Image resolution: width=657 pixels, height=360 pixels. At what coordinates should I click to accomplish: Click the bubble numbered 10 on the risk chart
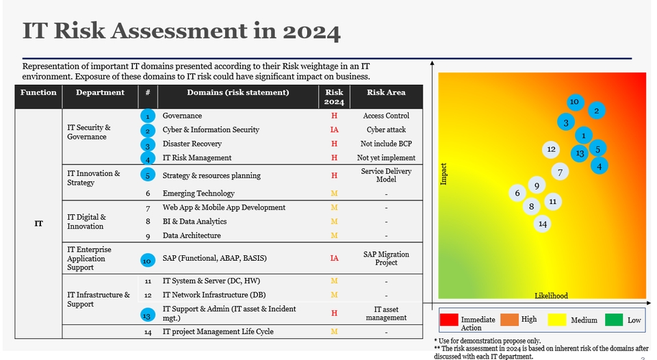point(575,102)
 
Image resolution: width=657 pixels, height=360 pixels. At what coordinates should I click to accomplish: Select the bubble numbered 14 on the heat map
point(543,224)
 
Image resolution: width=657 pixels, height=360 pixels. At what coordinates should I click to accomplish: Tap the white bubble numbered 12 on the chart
point(551,149)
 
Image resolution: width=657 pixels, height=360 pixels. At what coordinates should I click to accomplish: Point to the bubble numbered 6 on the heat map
point(517,193)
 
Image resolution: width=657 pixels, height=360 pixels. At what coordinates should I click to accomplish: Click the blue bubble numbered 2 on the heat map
point(596,111)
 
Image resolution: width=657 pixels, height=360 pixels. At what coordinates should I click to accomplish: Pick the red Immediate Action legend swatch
point(449,320)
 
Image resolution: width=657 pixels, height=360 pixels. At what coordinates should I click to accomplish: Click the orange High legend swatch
point(511,320)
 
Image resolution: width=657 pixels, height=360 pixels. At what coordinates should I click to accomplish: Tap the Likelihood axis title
point(551,296)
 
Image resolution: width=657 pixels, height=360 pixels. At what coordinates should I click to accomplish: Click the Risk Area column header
point(386,92)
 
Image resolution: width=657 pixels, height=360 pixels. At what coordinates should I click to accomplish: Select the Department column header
point(100,92)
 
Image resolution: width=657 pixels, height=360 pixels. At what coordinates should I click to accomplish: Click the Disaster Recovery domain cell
point(192,144)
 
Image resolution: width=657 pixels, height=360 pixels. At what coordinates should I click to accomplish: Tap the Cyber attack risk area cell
point(386,129)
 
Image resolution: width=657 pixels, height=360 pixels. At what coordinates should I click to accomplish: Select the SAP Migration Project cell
point(386,258)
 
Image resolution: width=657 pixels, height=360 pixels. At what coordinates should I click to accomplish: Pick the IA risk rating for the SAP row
point(334,258)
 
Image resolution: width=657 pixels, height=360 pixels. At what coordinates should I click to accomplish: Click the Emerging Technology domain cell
point(198,194)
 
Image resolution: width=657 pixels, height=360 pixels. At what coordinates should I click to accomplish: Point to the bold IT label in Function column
point(39,223)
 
